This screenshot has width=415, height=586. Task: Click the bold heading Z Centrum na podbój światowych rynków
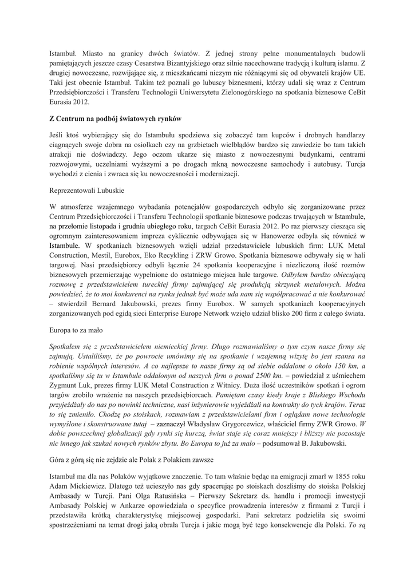tap(115, 118)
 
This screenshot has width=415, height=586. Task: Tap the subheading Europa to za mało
tap(78, 330)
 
